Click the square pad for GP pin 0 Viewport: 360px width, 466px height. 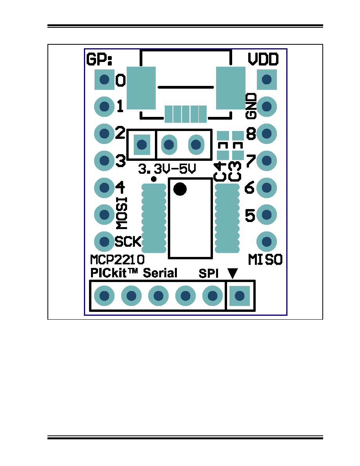104,80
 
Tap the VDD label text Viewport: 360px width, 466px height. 263,59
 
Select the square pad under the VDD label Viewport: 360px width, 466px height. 267,80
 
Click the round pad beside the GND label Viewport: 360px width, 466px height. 267,106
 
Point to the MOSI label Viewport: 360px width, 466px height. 122,213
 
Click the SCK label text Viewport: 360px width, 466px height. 128,242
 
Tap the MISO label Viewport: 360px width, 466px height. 265,260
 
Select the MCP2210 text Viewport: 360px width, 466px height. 117,259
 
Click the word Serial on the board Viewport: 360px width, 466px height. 160,273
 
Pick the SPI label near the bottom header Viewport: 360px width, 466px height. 209,273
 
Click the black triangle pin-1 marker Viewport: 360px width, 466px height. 233,273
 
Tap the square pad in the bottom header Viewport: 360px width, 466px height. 240,296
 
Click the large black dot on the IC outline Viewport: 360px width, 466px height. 180,189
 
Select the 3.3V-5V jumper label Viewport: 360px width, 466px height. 167,169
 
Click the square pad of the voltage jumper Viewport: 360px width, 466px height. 142,145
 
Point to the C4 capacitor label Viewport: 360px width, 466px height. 220,171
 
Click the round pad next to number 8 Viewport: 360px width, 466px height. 267,133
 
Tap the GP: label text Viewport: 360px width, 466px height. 100,59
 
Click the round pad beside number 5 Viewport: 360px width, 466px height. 267,215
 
